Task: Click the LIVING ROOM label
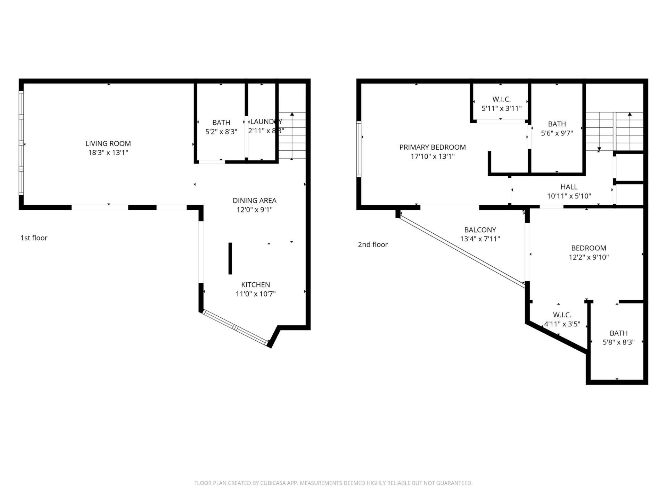108,143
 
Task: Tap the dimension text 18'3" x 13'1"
108,152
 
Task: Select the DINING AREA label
254,200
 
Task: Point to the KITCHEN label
255,285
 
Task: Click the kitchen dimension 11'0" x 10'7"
255,294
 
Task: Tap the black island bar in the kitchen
230,258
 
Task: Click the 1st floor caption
34,238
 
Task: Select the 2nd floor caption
373,244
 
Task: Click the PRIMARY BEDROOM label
432,147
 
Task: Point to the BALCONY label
480,230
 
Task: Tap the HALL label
569,187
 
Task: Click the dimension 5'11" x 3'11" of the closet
501,108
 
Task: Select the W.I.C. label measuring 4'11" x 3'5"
562,315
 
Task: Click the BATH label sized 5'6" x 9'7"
557,124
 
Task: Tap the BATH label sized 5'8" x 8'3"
618,333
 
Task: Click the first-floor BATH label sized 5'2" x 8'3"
221,123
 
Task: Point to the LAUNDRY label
266,122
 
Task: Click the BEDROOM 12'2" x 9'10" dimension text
588,257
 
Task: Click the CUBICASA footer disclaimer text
333,483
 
